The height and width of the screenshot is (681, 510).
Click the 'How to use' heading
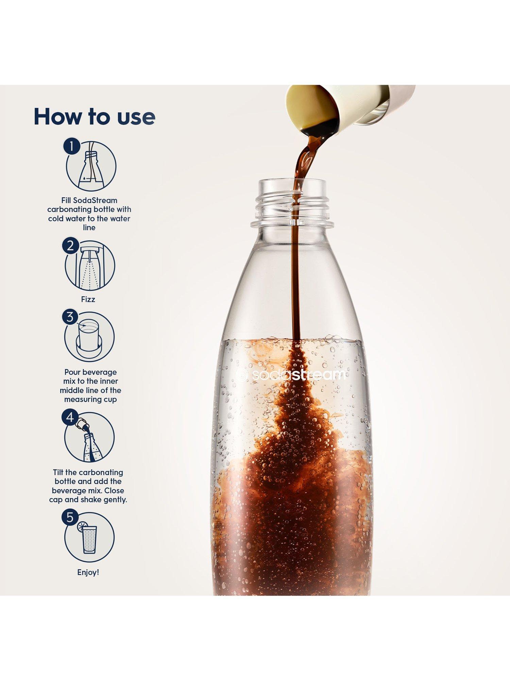pos(95,117)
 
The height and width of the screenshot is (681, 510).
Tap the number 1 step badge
pos(71,146)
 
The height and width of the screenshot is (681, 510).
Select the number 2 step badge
pos(70,246)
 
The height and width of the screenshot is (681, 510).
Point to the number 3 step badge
pos(70,317)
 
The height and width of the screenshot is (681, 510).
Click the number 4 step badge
pos(70,417)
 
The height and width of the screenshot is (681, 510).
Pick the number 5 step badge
pos(70,518)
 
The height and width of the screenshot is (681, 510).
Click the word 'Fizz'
pos(88,299)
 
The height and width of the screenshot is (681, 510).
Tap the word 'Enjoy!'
pos(88,572)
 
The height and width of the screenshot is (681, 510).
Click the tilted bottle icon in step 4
pos(90,440)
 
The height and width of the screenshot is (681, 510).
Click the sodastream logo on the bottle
pos(291,375)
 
